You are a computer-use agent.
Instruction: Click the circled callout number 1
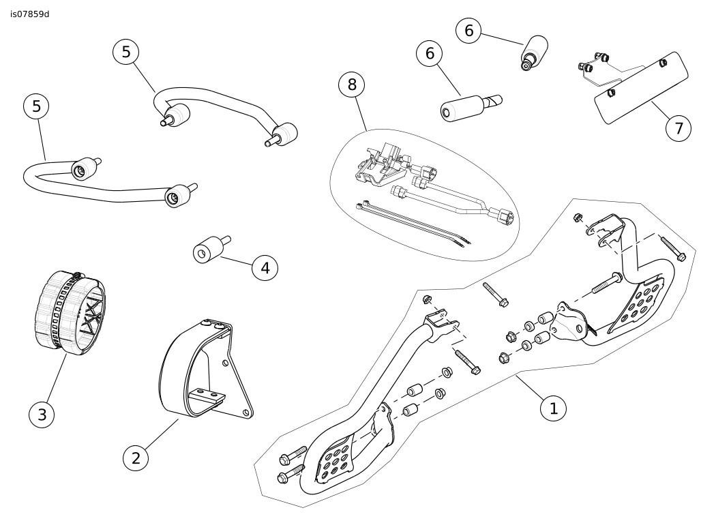tap(553, 408)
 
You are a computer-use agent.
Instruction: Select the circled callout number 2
tap(136, 458)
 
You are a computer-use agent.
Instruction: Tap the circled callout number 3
tap(42, 414)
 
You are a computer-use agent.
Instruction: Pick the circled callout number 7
tap(678, 128)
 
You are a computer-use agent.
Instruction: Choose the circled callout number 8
tap(352, 84)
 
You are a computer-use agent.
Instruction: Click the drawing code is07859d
tap(30, 14)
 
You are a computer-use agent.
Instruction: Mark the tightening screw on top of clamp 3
tap(78, 275)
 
